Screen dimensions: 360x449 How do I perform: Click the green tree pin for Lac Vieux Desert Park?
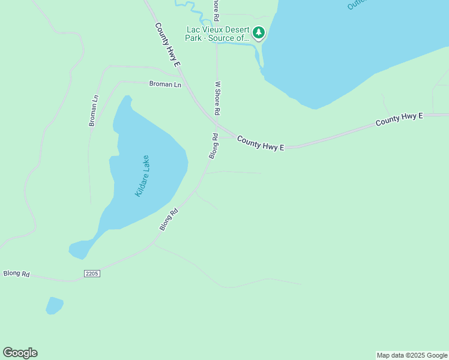[x=258, y=32]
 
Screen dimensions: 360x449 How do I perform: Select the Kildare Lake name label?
[x=142, y=176]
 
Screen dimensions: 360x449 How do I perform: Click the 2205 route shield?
[x=91, y=274]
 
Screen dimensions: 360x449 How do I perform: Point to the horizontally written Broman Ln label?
[x=165, y=85]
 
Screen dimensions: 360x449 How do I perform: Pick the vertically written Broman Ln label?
[x=93, y=110]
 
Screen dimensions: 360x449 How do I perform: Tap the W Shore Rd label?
[x=218, y=98]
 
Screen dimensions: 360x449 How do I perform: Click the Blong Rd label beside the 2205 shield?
[x=17, y=274]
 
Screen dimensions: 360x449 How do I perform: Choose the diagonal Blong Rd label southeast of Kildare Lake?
[x=169, y=220]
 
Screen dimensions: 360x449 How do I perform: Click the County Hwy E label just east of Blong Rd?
[x=260, y=143]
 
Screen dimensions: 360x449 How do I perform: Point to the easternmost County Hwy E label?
[x=399, y=119]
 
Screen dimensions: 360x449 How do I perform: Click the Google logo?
[x=20, y=353]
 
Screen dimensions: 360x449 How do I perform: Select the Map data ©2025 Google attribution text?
[x=412, y=355]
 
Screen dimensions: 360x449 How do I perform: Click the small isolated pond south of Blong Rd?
[x=54, y=305]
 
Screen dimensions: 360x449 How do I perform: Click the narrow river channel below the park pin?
[x=259, y=57]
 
